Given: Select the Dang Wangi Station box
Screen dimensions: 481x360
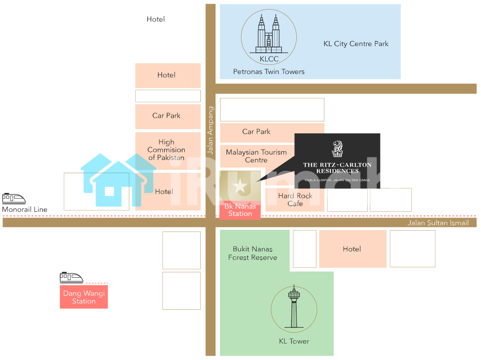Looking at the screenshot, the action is click(84, 297).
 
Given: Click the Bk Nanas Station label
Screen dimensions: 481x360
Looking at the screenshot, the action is click(240, 210).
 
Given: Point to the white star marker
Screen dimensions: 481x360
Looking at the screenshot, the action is click(240, 186).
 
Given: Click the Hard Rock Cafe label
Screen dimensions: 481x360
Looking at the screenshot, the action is click(295, 200).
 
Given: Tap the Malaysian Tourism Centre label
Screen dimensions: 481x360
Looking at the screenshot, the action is click(256, 156).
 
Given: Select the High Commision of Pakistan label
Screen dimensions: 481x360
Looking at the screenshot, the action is click(166, 150).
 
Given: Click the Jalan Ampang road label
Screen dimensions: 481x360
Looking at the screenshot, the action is click(210, 130).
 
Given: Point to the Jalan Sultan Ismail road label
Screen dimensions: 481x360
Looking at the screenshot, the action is click(438, 223).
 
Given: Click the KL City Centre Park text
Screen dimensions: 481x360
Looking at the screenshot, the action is click(356, 44).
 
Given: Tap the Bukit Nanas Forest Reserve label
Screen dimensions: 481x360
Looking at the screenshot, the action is click(252, 253).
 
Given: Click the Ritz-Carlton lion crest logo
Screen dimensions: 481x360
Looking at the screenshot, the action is click(338, 149).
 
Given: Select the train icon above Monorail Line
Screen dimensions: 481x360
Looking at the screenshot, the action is click(14, 199).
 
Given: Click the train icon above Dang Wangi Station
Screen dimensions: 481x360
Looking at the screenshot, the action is click(71, 278).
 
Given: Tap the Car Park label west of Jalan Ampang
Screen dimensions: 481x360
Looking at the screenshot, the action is click(166, 115).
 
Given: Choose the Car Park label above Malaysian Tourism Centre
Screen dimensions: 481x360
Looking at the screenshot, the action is click(256, 132).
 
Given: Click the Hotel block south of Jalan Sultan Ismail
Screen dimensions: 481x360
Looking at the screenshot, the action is click(353, 249).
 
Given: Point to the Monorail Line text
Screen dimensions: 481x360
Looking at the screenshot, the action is click(25, 209).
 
